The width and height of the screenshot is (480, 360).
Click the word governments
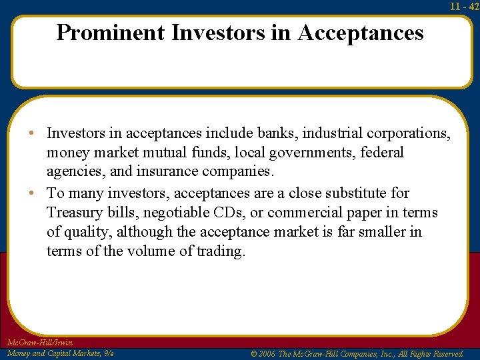(312, 153)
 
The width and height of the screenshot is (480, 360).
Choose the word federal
(382, 153)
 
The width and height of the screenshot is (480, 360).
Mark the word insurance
(169, 172)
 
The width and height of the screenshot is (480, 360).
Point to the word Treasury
(74, 213)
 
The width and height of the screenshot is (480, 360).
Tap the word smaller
(380, 232)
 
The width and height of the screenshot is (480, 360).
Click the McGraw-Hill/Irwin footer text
(39, 343)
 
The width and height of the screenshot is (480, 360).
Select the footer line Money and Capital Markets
(59, 353)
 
